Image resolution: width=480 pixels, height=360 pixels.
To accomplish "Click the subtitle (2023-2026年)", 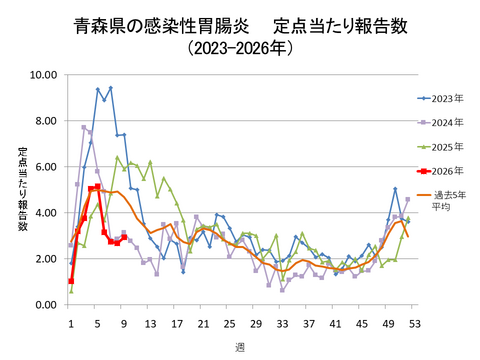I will (x=240, y=47).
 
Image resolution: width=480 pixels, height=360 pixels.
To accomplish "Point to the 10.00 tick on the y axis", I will (x=42, y=75).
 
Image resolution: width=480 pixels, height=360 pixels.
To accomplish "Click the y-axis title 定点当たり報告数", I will (x=21, y=190).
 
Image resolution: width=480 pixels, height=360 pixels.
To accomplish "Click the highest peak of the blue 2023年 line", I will (x=110, y=88).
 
